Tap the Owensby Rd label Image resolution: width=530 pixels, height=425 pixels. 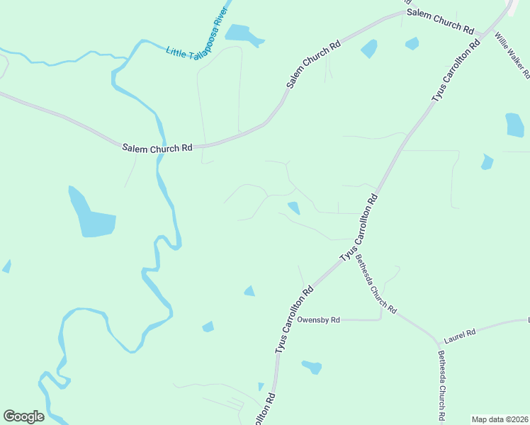pyautogui.click(x=318, y=320)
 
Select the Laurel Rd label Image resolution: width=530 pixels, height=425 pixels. pyautogui.click(x=460, y=331)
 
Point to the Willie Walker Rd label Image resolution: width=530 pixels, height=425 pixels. pyautogui.click(x=512, y=55)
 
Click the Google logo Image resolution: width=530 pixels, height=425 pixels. pyautogui.click(x=23, y=416)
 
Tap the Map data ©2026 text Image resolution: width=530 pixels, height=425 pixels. pyautogui.click(x=500, y=419)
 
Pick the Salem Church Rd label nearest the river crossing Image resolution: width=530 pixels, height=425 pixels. pyautogui.click(x=157, y=148)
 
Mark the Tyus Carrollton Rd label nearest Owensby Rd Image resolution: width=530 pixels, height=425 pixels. pyautogui.click(x=293, y=319)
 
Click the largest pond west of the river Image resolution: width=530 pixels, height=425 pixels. pyautogui.click(x=91, y=216)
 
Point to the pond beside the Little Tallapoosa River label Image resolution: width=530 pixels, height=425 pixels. pyautogui.click(x=242, y=34)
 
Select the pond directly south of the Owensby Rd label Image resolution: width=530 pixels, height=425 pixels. pyautogui.click(x=312, y=367)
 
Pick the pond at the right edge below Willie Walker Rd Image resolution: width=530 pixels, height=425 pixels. pyautogui.click(x=515, y=125)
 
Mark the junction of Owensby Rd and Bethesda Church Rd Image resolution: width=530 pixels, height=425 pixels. pyautogui.click(x=382, y=320)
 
